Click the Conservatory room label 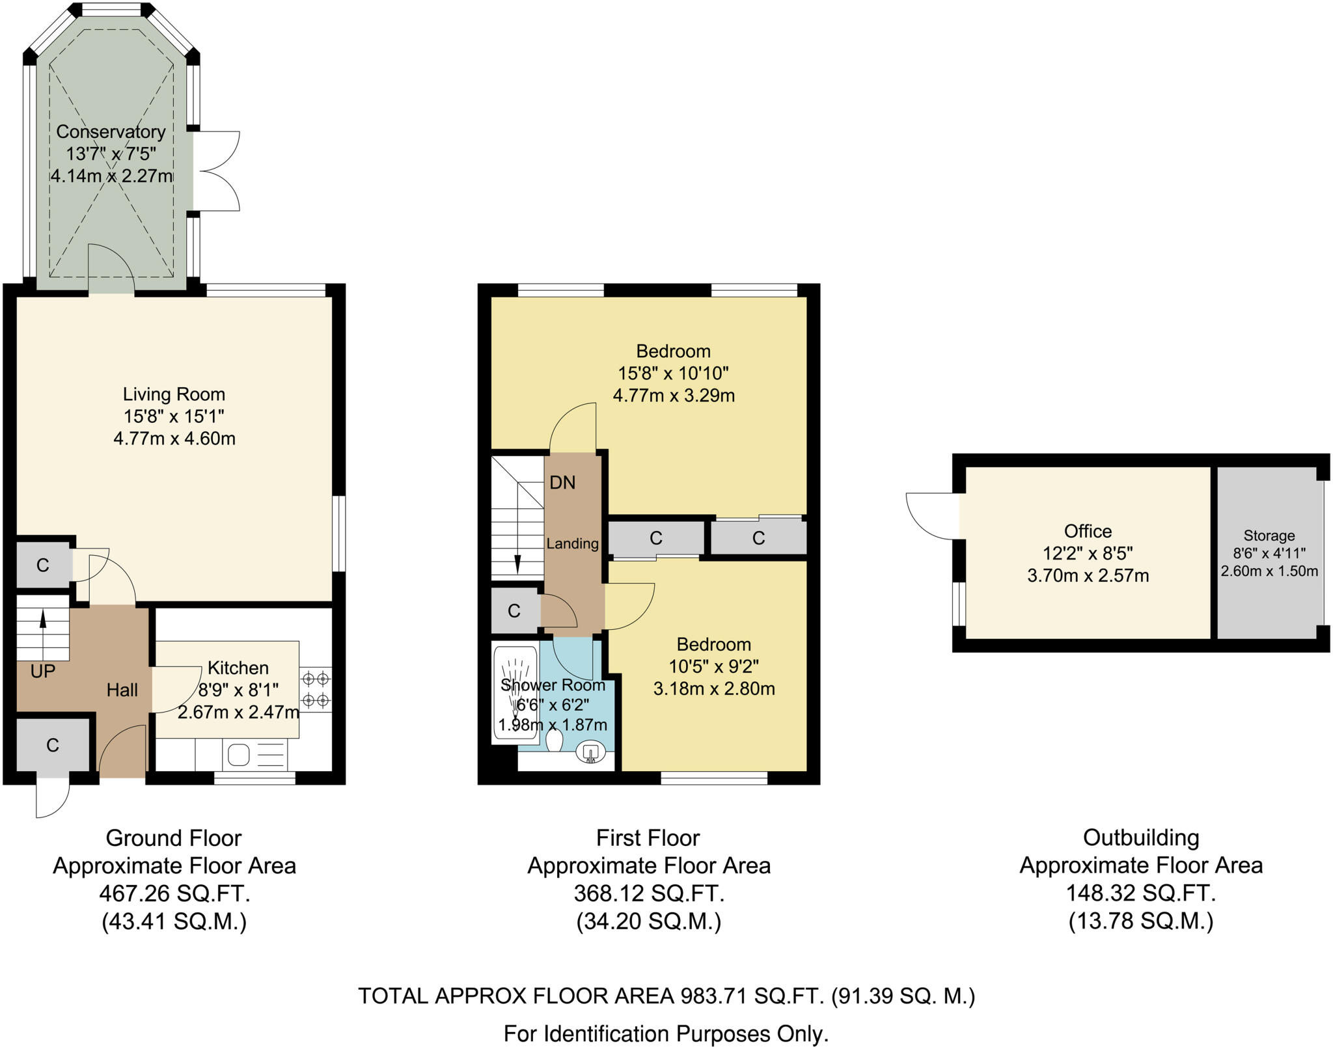[x=111, y=131]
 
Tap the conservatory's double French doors [x=218, y=171]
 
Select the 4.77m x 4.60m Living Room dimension [x=174, y=439]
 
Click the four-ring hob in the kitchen [x=316, y=690]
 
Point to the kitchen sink [x=239, y=755]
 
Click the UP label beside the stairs [x=43, y=672]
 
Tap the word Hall [x=122, y=690]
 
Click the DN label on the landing [x=562, y=483]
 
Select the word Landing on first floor [x=572, y=543]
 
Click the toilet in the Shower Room [x=555, y=741]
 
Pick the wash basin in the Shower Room [x=590, y=753]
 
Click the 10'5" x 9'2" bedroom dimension [x=714, y=666]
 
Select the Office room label [x=1088, y=531]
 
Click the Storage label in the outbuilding [x=1269, y=536]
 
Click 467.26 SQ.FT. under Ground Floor [x=174, y=893]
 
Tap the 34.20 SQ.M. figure [x=648, y=921]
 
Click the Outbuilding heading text [x=1140, y=837]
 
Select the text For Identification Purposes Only [x=666, y=1033]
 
